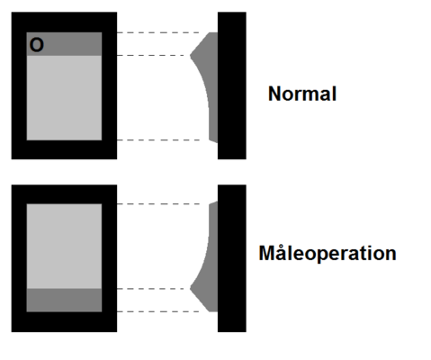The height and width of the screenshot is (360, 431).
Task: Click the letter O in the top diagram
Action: pos(37,45)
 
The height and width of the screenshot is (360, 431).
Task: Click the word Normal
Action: pos(302,94)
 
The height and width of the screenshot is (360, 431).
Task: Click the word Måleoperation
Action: pos(328,254)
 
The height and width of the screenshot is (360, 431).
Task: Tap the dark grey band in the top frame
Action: pos(64,44)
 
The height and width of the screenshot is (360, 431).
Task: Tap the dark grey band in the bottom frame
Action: pos(64,301)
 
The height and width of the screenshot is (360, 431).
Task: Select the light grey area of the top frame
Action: pos(64,98)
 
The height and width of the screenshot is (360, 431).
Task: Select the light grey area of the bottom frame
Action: pos(64,247)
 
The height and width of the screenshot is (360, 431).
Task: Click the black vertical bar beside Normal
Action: pos(232,85)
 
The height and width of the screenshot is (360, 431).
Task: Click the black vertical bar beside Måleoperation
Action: pos(232,258)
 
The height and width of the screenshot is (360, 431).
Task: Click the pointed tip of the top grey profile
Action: pos(190,55)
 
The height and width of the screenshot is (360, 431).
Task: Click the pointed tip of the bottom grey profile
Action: pos(190,289)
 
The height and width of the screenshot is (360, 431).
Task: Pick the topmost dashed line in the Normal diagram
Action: pos(158,32)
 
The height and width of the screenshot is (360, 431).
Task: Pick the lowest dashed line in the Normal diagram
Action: pos(158,140)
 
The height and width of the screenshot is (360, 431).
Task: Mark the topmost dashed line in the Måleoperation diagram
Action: pos(158,204)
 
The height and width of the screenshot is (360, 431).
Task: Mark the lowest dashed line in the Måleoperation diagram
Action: pos(158,311)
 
